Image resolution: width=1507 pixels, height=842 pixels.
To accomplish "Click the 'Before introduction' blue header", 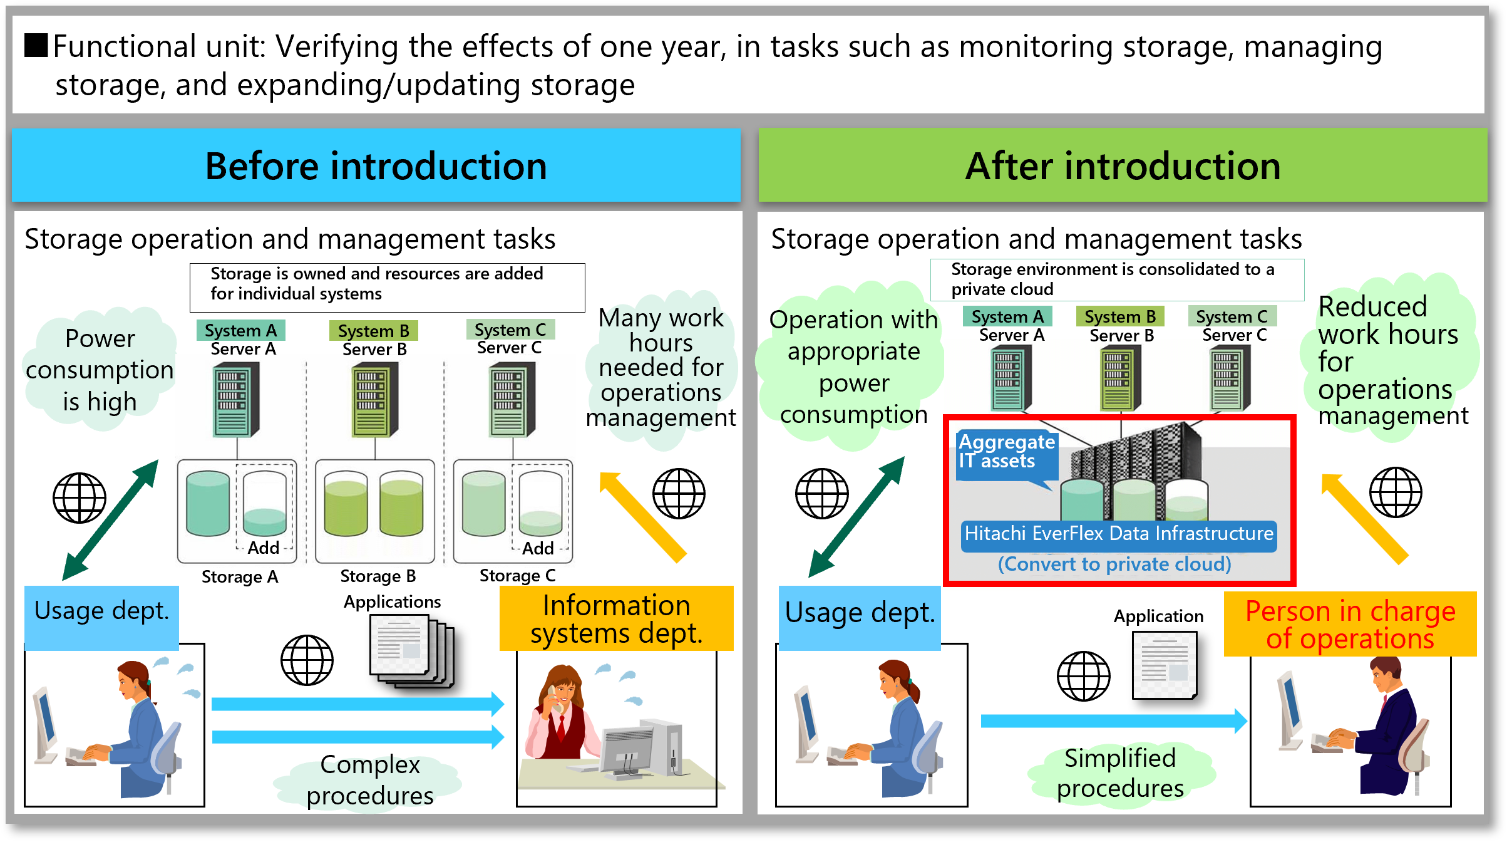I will pos(376,166).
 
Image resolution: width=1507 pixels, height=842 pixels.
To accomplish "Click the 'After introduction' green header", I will pos(1122,166).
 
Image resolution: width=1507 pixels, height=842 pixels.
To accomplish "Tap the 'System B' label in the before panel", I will pos(373,330).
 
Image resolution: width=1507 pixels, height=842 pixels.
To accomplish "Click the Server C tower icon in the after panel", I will pos(1230,378).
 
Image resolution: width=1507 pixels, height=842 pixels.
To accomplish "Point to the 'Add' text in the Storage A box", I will pos(264,548).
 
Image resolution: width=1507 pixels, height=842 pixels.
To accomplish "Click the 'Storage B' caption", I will pos(378,576).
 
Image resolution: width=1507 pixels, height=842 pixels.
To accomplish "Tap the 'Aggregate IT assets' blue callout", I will pos(1006,452).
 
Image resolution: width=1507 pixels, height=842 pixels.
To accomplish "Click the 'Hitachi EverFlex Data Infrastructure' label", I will pos(1118,534).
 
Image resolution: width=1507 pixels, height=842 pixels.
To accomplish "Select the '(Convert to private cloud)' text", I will pos(1114,564).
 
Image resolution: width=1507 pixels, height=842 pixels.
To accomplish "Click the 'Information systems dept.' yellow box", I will pos(616,619).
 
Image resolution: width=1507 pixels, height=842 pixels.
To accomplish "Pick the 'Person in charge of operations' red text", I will pos(1350,625).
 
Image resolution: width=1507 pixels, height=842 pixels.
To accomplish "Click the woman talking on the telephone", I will pos(560,714).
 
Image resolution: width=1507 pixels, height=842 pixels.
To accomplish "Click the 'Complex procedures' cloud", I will pos(369,780).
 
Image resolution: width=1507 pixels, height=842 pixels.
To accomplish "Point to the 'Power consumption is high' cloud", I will pos(100,370).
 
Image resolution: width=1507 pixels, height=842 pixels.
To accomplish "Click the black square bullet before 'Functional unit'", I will pos(36,46).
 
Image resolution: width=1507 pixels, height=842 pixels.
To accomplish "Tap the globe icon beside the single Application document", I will pos(1083,676).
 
